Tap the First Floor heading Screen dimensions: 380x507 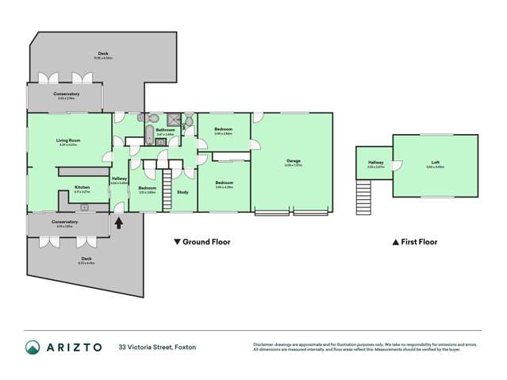(415, 242)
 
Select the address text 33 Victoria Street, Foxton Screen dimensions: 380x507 (157, 347)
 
